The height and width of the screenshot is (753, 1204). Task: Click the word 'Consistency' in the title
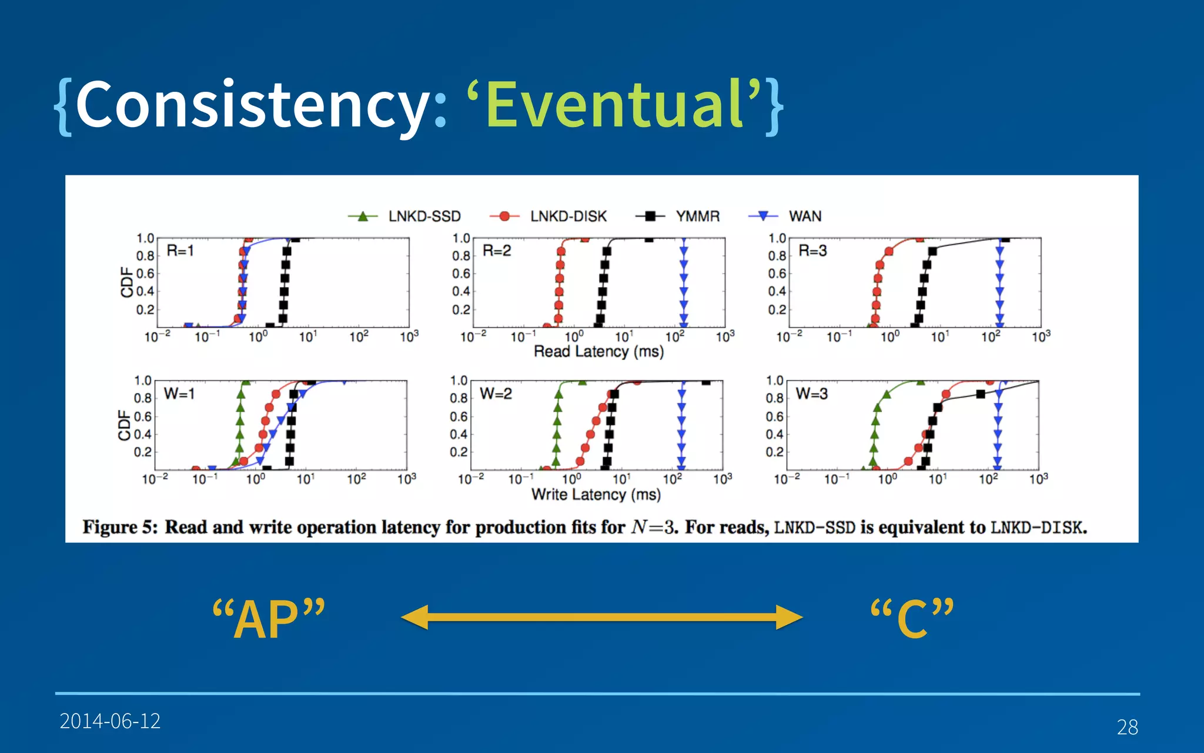(253, 105)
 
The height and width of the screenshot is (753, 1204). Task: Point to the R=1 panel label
(180, 251)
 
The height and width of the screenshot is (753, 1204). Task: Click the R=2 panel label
(497, 251)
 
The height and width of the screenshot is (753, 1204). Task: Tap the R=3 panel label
(812, 251)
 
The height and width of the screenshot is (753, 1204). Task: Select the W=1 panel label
(179, 394)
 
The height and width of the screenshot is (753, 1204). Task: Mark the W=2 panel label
(496, 394)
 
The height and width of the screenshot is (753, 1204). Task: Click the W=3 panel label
(811, 394)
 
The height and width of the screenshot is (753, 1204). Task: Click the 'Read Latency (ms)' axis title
(598, 352)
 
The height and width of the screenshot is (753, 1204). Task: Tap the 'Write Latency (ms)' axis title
(596, 494)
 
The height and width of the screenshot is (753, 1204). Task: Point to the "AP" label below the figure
(268, 619)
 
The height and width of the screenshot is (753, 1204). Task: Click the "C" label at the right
(912, 619)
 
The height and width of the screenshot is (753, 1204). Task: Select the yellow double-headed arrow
(601, 617)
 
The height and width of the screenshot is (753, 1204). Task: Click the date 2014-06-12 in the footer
(110, 721)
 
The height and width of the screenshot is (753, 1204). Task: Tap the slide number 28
(1127, 727)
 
